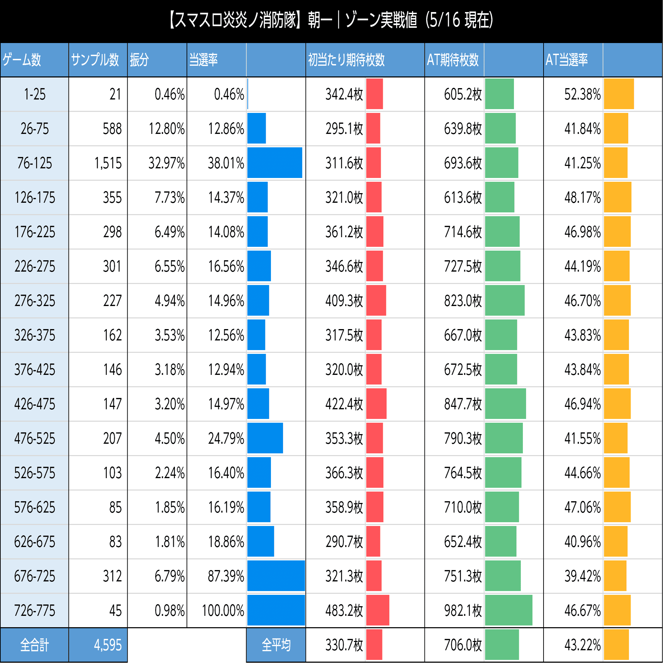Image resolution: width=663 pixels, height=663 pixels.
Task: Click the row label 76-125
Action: pyautogui.click(x=34, y=163)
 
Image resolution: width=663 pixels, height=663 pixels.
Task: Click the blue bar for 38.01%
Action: pyautogui.click(x=274, y=163)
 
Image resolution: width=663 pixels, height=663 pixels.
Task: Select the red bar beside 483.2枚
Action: pyautogui.click(x=378, y=610)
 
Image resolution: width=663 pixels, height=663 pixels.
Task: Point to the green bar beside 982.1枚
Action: pyautogui.click(x=508, y=610)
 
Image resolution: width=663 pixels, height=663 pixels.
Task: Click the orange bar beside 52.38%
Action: pyautogui.click(x=619, y=94)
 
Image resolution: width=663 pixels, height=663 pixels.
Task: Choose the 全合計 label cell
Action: pyautogui.click(x=34, y=645)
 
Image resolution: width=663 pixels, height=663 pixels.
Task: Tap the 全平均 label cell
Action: pyautogui.click(x=276, y=645)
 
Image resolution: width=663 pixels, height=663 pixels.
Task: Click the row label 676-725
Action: pyautogui.click(x=34, y=576)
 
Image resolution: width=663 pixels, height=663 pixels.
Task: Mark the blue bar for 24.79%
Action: pyautogui.click(x=265, y=438)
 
